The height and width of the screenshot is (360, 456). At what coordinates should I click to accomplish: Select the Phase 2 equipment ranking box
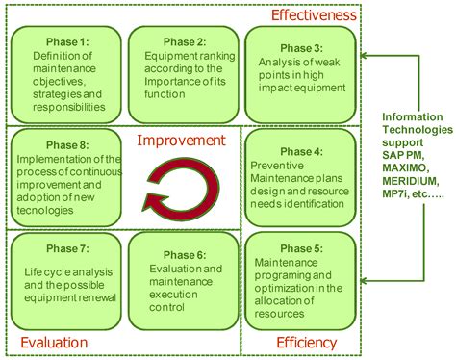coord(184,73)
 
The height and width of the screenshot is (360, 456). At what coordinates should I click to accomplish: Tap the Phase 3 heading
coord(300,48)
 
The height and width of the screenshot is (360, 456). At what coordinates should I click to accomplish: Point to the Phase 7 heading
coord(64,247)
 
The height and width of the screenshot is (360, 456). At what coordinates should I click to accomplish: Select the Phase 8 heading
coord(64,145)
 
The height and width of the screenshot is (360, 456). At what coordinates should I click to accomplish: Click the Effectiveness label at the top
coord(313,14)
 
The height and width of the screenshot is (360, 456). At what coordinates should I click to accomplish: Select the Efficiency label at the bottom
coord(306,343)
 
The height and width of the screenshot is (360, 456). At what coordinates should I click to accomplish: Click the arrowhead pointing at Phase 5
coord(366,281)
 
